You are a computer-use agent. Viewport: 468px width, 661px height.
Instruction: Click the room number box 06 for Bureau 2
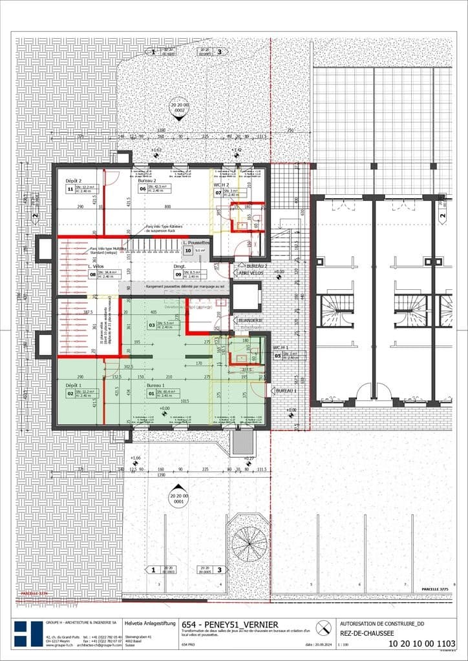[142, 190]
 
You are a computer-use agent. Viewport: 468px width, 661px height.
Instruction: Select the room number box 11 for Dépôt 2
[70, 190]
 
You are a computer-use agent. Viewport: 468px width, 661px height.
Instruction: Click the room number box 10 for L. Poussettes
[188, 250]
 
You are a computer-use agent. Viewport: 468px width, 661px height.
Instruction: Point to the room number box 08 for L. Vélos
[92, 274]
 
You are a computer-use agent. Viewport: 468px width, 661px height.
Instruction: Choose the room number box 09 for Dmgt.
[178, 274]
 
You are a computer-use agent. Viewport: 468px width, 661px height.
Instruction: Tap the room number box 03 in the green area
[152, 325]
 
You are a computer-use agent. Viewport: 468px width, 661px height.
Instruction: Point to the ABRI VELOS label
[250, 272]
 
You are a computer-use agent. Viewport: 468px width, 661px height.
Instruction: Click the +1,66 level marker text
[135, 458]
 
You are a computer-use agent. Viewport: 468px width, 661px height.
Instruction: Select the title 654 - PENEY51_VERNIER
[229, 625]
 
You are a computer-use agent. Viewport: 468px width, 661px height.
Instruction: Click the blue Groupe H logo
[28, 635]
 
